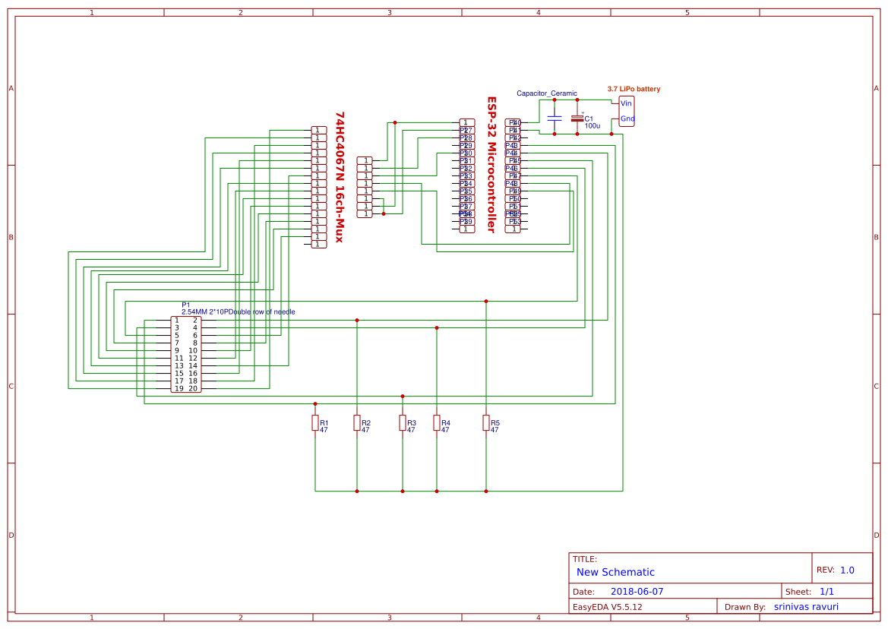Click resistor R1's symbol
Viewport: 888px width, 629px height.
pyautogui.click(x=315, y=423)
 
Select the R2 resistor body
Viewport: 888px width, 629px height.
pyautogui.click(x=357, y=423)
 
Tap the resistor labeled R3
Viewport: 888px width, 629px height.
pyautogui.click(x=403, y=423)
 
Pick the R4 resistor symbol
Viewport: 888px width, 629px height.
pyautogui.click(x=437, y=423)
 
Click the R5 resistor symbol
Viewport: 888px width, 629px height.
pyautogui.click(x=486, y=423)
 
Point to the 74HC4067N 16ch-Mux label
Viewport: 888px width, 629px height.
pyautogui.click(x=340, y=177)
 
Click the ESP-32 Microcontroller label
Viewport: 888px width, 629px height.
pyautogui.click(x=491, y=164)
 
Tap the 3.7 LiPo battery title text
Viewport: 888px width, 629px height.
pyautogui.click(x=634, y=89)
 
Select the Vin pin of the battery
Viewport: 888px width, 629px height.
pyautogui.click(x=626, y=103)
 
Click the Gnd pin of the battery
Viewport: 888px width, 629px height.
pyautogui.click(x=627, y=119)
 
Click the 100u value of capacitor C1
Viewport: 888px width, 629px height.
pyautogui.click(x=593, y=125)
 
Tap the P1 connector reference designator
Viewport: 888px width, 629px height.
pyautogui.click(x=186, y=305)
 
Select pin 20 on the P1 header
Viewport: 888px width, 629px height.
pyautogui.click(x=193, y=388)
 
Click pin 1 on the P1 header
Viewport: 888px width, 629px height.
pyautogui.click(x=177, y=320)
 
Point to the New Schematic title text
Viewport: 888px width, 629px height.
pyautogui.click(x=615, y=572)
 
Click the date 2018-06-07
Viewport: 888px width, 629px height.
pyautogui.click(x=637, y=591)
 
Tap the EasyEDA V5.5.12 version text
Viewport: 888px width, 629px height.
pyautogui.click(x=607, y=607)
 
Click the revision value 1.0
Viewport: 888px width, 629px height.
pyautogui.click(x=847, y=570)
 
